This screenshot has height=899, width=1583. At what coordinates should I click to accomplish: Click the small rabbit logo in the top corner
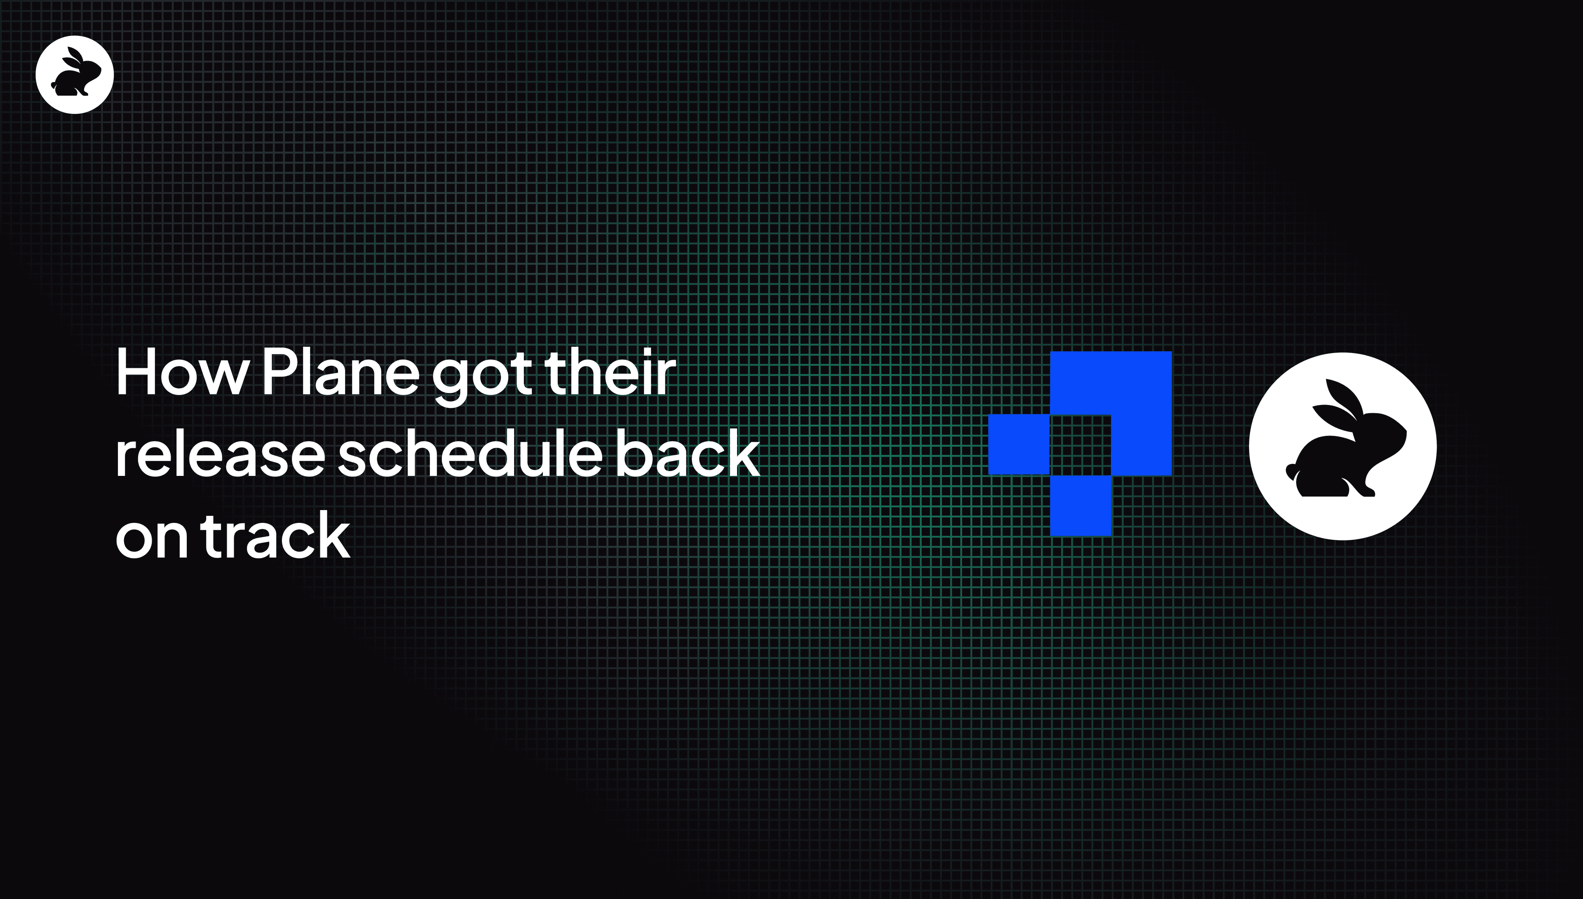[75, 75]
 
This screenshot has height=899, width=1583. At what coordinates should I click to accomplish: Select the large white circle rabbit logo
[1343, 447]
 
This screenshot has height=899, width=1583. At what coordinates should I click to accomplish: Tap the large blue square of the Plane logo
[1111, 413]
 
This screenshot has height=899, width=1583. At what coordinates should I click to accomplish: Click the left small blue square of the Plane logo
[1019, 445]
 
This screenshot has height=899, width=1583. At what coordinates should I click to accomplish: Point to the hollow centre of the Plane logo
[1080, 445]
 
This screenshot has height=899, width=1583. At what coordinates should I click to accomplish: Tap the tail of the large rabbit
[1292, 471]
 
